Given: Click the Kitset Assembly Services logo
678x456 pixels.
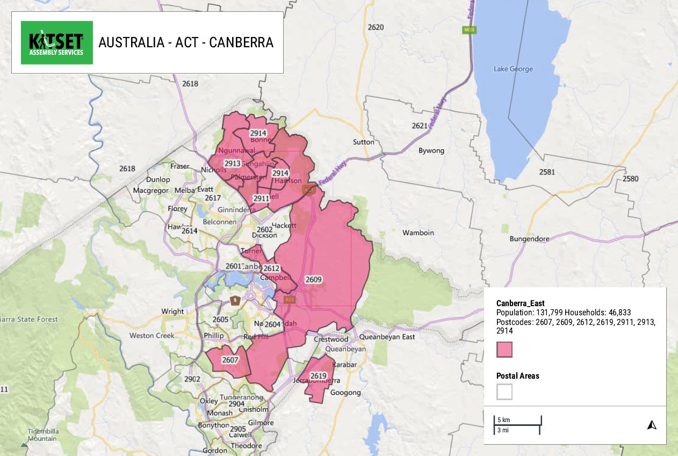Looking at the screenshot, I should tap(56, 42).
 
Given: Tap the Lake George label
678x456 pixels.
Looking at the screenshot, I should tap(513, 69).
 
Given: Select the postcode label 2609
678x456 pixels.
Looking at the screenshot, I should tap(313, 279).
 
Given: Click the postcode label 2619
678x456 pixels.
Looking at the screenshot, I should tap(319, 375).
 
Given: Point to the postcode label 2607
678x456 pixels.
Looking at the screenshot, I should tap(230, 359).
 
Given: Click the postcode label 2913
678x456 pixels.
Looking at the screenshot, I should tap(232, 164).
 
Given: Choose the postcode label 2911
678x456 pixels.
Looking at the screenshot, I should tap(261, 198).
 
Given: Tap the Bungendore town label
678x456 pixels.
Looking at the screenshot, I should tap(529, 238).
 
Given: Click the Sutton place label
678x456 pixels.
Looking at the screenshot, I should tap(364, 142).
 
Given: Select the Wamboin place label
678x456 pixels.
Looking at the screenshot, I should tap(418, 233).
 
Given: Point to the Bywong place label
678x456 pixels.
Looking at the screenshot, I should tap(431, 150).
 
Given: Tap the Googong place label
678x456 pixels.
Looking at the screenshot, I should tap(345, 392).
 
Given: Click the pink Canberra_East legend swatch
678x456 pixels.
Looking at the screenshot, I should tap(504, 350).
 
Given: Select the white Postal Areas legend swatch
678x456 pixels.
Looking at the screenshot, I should tap(504, 392).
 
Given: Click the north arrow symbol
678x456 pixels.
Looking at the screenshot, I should tap(652, 425).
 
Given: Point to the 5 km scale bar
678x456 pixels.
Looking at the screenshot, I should tap(517, 420).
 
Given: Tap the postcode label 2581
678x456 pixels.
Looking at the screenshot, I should tap(547, 172).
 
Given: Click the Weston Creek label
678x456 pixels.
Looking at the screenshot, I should tap(152, 336).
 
